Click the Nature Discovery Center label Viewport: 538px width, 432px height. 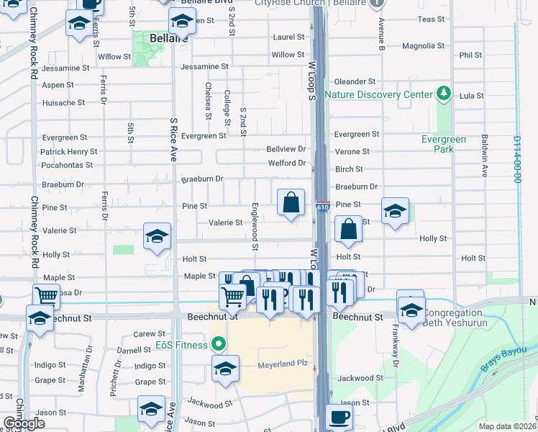pyautogui.click(x=378, y=94)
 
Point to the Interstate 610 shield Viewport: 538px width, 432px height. pyautogui.click(x=322, y=207)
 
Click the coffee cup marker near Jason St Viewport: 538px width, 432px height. pyautogui.click(x=339, y=418)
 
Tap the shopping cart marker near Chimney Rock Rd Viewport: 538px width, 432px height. pyautogui.click(x=47, y=294)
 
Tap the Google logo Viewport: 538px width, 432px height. pyautogui.click(x=24, y=423)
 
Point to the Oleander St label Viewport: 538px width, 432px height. pyautogui.click(x=355, y=82)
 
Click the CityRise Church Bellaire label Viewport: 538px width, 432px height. pyautogui.click(x=312, y=3)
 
